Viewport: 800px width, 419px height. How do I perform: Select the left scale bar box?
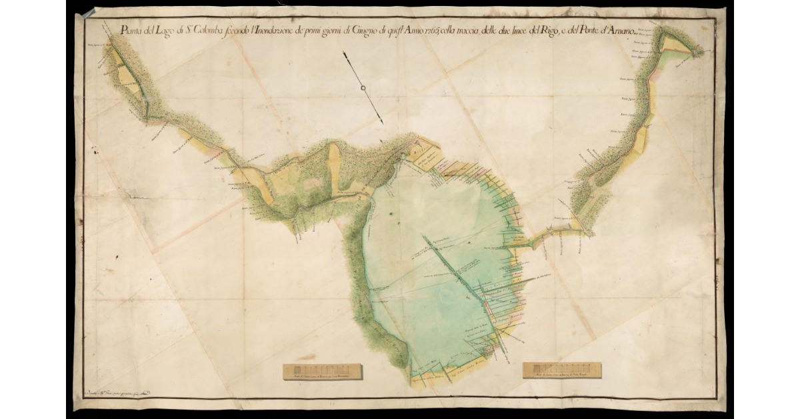322,372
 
